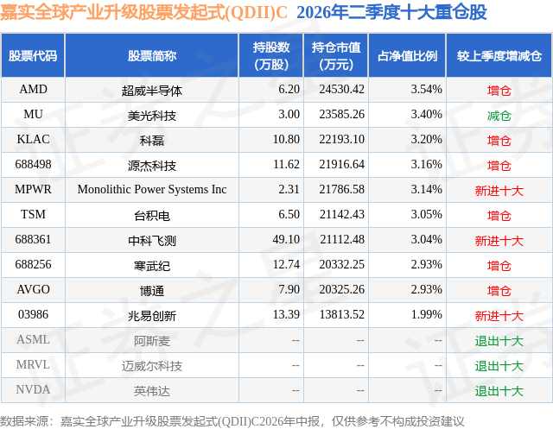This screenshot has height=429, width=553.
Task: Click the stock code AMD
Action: point(33,90)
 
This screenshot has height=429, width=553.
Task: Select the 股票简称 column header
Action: point(152,55)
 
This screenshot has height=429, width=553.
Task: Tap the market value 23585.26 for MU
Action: point(342,115)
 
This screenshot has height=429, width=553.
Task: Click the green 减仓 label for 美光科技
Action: point(499,116)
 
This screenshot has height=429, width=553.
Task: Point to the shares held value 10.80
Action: point(286,140)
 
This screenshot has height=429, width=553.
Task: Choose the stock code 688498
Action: point(33,165)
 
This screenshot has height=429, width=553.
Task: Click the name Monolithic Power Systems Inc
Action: point(152,190)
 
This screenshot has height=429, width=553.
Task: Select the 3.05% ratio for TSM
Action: point(426,214)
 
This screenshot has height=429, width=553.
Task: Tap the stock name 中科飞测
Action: point(152,241)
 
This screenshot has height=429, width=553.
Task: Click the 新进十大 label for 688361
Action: point(499,241)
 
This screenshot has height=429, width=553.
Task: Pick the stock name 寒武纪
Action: point(152,266)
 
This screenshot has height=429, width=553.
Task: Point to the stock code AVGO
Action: point(33,289)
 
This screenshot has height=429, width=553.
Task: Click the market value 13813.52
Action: point(342,314)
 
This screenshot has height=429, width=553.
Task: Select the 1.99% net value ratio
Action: point(426,314)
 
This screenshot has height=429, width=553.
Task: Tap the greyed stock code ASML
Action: point(33,339)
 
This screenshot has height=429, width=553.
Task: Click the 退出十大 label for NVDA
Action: point(499,391)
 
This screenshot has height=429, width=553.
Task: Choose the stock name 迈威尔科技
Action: point(152,366)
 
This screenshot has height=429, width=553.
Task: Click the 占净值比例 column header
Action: point(407,55)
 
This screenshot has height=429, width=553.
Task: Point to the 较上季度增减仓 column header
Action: point(499,55)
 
